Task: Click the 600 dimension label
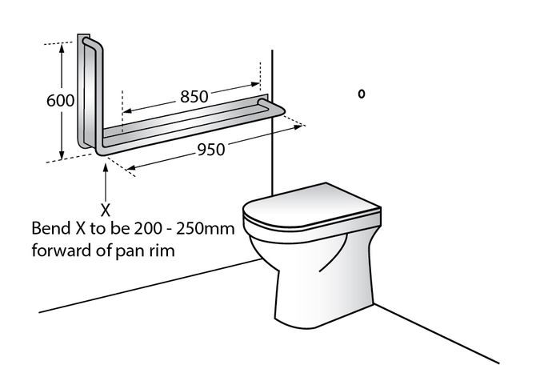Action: (x=60, y=101)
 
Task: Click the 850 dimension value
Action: (x=194, y=96)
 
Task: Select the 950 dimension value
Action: (x=211, y=148)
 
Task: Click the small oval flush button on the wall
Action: (x=362, y=94)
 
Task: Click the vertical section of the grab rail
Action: (x=88, y=88)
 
